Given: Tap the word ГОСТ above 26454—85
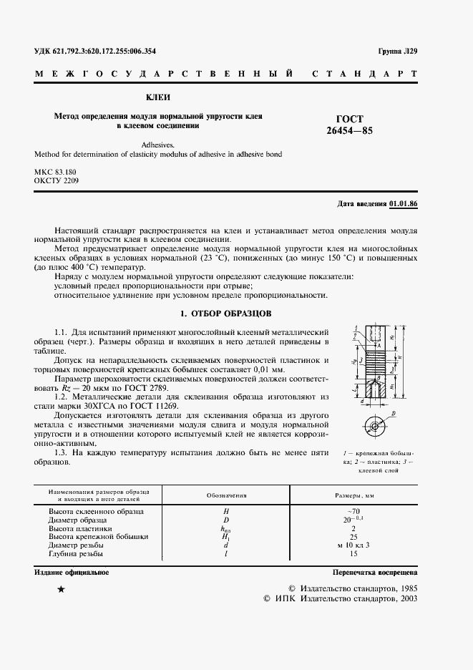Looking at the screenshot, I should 350,119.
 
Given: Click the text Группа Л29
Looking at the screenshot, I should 398,52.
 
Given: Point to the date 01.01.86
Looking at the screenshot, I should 404,204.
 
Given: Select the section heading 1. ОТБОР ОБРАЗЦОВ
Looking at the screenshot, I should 223,314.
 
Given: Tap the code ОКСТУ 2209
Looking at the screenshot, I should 59,182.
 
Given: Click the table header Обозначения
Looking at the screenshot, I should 226,495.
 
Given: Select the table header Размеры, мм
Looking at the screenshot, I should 356,495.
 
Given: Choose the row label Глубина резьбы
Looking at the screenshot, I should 75,553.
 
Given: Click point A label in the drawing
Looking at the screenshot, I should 379,343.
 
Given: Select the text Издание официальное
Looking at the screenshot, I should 71,573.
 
